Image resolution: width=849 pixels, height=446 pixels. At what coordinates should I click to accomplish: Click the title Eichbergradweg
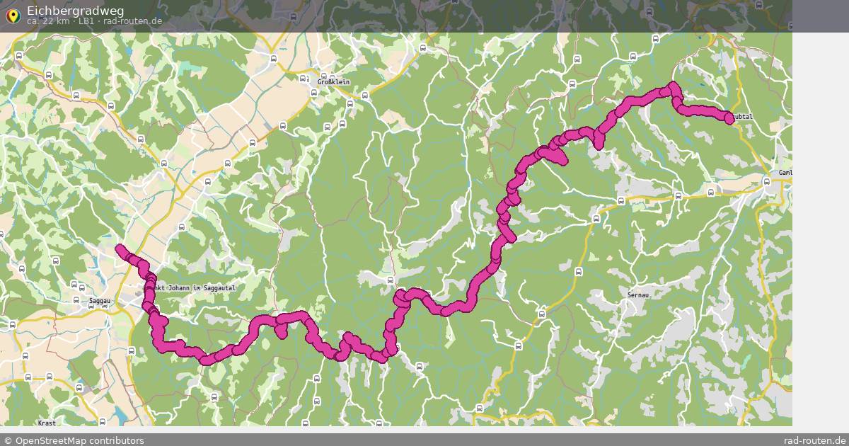75,10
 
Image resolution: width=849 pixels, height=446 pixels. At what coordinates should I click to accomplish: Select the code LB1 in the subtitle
86,21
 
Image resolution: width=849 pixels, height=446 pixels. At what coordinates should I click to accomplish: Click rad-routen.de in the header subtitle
132,21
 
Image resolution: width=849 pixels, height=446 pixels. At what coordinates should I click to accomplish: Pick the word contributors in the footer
120,440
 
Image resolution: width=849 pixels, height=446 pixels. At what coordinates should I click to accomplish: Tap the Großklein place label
334,81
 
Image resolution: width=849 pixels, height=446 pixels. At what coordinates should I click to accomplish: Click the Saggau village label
100,301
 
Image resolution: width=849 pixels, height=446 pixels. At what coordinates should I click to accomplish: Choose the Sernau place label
638,294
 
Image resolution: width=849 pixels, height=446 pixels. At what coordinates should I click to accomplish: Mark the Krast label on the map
47,423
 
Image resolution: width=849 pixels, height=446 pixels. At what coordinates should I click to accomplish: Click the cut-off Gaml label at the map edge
784,173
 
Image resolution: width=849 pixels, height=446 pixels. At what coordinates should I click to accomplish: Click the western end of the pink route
120,248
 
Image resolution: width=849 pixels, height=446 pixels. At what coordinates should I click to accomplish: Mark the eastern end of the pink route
729,118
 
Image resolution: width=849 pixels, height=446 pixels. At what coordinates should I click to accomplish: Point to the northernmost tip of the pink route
673,86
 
